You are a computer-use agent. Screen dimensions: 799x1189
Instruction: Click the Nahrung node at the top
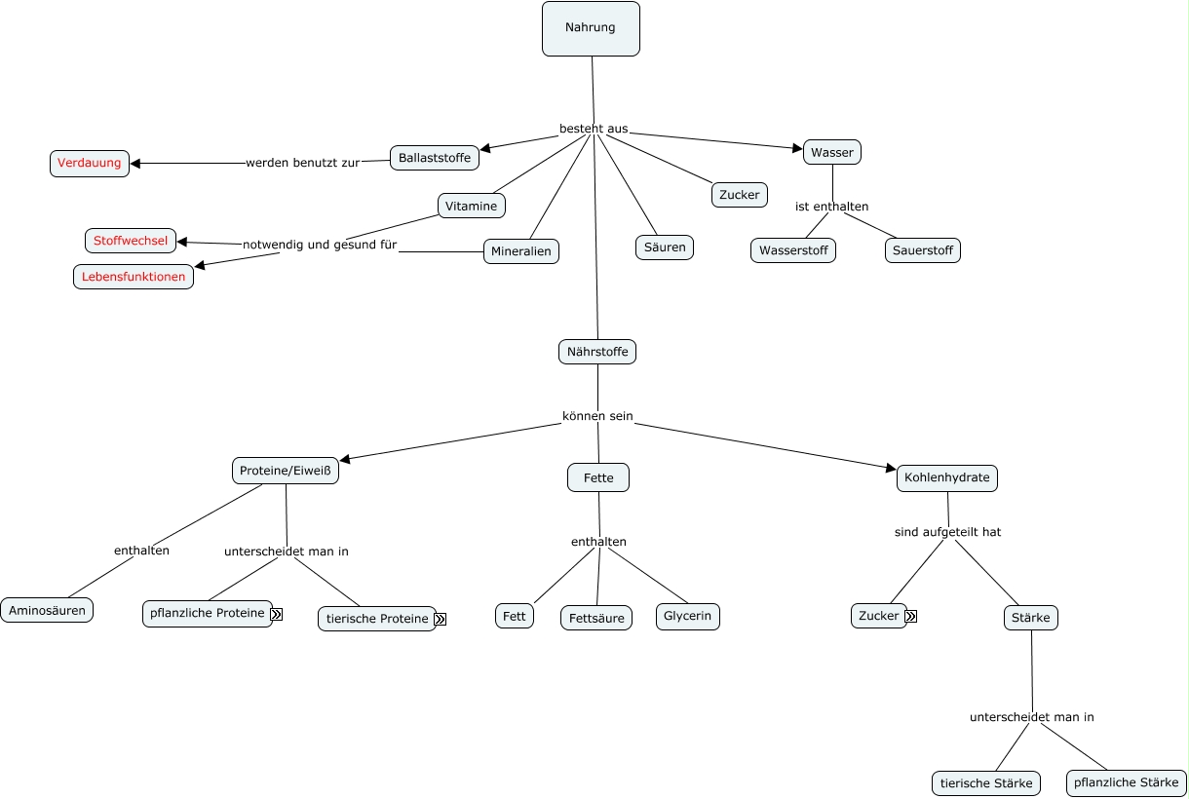591,28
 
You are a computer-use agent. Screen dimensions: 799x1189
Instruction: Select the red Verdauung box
90,164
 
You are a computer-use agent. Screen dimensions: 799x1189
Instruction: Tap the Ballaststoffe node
435,158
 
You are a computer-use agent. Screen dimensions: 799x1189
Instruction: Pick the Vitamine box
472,206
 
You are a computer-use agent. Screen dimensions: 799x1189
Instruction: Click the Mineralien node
521,251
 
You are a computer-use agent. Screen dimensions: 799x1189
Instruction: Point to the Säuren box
665,247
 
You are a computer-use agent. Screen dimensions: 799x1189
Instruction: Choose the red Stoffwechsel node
131,241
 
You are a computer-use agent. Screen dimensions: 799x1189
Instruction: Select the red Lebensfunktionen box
134,277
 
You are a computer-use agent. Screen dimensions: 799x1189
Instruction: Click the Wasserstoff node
793,250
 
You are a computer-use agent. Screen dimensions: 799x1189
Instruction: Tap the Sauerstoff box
923,250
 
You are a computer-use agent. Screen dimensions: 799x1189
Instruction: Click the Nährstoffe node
597,352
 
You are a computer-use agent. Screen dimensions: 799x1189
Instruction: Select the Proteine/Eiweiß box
286,472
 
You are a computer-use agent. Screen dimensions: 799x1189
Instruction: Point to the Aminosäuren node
47,611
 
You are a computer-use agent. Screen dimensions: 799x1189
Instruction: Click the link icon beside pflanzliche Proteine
277,614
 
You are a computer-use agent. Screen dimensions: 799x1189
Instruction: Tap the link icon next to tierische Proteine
441,619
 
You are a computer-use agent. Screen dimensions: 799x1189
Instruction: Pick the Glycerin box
688,617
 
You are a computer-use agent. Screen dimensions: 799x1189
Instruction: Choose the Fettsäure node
596,618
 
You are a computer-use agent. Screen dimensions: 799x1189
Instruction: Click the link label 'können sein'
597,416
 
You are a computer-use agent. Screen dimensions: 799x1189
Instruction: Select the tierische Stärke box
986,783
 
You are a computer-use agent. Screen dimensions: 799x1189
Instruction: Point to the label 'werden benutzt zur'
302,163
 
